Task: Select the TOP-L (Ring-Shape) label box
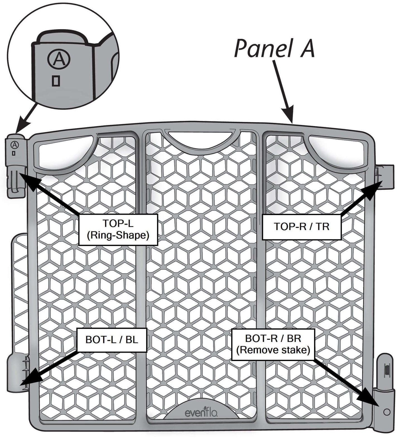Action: pyautogui.click(x=118, y=230)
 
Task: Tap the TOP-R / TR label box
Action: pyautogui.click(x=301, y=227)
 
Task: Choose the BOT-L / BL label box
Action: pyautogui.click(x=112, y=340)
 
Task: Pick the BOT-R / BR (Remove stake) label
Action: pyautogui.click(x=273, y=344)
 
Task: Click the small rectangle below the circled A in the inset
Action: pyautogui.click(x=56, y=81)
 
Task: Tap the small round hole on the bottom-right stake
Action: pyautogui.click(x=387, y=412)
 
